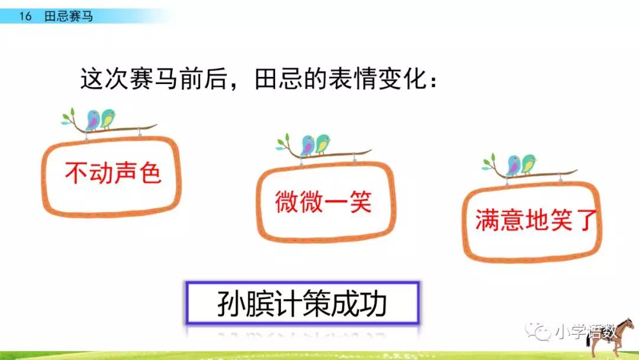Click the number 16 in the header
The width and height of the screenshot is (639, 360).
click(x=25, y=17)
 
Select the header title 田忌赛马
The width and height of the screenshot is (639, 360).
click(x=69, y=17)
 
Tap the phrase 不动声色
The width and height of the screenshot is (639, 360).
click(x=113, y=173)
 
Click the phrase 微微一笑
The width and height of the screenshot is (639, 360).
click(x=323, y=201)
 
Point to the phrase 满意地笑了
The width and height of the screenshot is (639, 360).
click(x=535, y=220)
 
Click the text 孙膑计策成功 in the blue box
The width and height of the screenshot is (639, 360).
click(x=302, y=303)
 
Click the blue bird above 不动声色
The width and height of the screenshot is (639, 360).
click(x=93, y=120)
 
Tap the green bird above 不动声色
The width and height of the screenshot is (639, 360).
click(x=108, y=119)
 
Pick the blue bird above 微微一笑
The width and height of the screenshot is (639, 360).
click(x=308, y=146)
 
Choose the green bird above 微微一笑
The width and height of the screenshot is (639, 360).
click(x=322, y=144)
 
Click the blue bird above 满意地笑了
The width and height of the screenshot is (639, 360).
click(x=514, y=165)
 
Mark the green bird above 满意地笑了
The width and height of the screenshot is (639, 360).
click(x=528, y=164)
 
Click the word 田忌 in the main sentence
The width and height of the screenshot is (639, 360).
click(x=279, y=79)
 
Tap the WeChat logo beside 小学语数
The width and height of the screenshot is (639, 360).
click(x=538, y=331)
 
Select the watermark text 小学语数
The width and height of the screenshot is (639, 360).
click(x=586, y=331)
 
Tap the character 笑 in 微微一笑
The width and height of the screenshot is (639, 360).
click(x=360, y=201)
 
